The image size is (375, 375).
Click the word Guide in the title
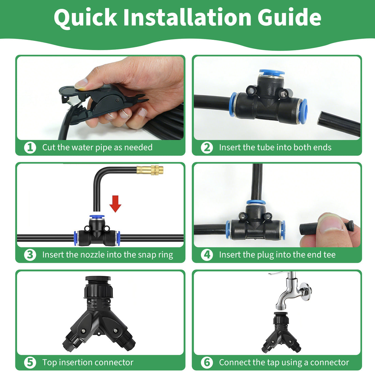coord(289,17)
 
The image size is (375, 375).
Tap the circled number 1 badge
coord(30,147)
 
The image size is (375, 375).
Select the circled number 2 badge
coord(207,147)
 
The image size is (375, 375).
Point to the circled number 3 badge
coord(30,255)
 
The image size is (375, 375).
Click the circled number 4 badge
coord(207,255)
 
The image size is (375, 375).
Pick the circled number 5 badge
coord(30,362)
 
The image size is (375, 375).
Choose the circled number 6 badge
coord(207,362)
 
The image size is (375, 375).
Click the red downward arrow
coord(115,204)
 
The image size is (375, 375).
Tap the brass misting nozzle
coord(150,170)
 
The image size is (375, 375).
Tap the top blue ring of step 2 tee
coord(272,73)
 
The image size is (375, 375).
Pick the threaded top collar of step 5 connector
coord(98,287)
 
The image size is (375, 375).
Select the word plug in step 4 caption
coord(265,255)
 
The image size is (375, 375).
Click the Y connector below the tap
coord(281,332)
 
